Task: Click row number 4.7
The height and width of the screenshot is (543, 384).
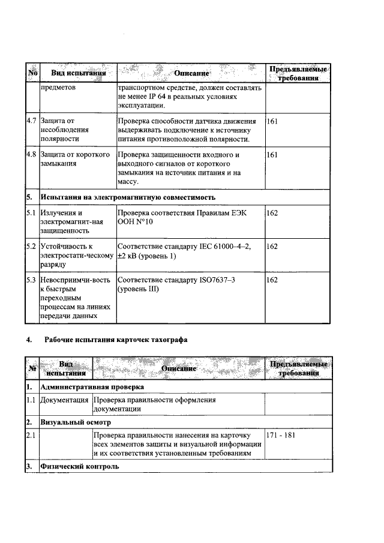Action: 32,121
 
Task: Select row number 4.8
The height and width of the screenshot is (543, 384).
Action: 32,155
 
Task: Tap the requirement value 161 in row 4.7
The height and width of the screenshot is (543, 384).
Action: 272,121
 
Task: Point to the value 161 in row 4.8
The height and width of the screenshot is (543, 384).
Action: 272,155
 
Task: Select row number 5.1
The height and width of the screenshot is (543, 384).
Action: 32,212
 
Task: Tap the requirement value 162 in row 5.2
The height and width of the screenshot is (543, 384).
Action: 272,246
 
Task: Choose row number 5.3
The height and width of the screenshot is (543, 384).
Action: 32,280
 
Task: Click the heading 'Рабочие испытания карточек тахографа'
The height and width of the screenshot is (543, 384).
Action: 116,340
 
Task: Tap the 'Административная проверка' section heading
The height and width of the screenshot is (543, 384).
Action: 89,388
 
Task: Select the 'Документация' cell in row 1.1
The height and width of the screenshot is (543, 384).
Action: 65,400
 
